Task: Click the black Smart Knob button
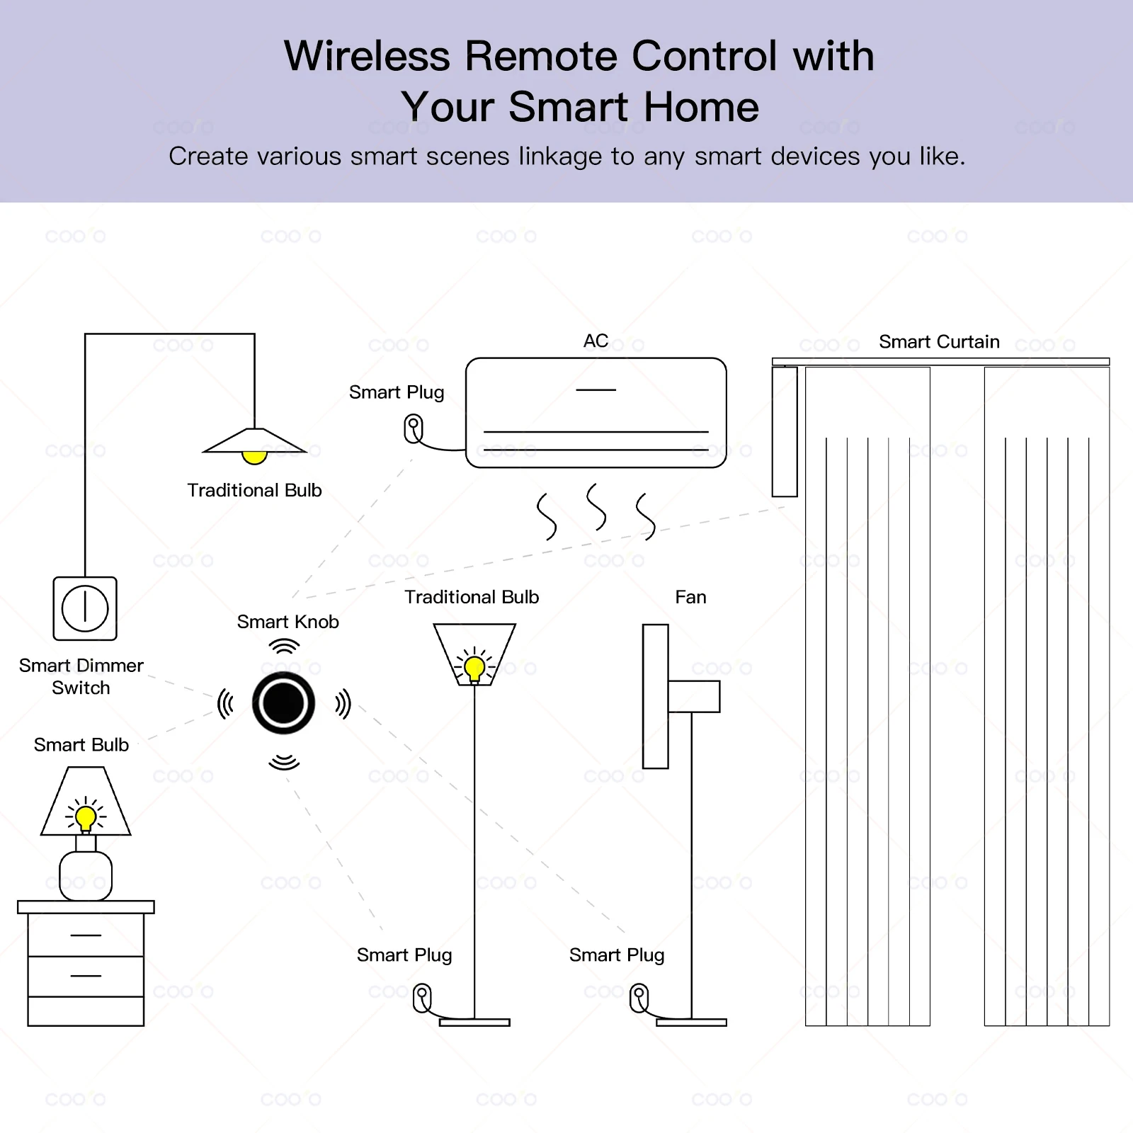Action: click(283, 703)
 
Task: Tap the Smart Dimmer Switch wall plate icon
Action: click(85, 608)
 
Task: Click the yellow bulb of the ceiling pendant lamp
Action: click(254, 457)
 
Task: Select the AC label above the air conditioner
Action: click(596, 341)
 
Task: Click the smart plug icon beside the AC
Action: click(414, 429)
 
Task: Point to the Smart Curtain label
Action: click(939, 342)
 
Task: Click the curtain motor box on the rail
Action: click(785, 431)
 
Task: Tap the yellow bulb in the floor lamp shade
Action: click(474, 668)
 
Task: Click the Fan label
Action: click(690, 597)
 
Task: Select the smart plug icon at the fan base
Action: click(639, 998)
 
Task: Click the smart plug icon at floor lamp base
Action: click(422, 998)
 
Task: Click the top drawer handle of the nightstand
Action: click(86, 935)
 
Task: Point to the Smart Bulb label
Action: click(81, 745)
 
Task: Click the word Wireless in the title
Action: click(367, 56)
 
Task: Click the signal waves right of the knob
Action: click(343, 704)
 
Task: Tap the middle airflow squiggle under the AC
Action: click(596, 507)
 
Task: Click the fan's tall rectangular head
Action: click(655, 696)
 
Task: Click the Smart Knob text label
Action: click(287, 622)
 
